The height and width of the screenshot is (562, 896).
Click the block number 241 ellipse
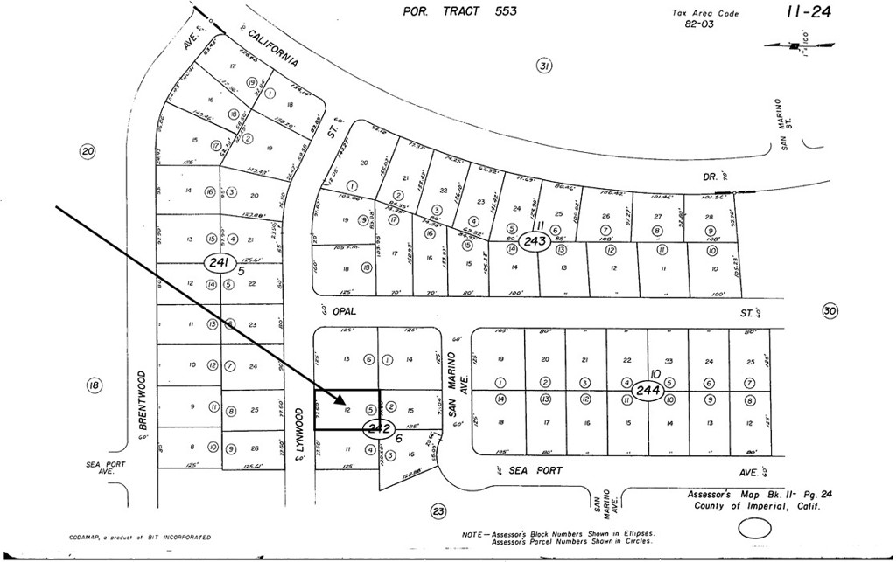[215, 261]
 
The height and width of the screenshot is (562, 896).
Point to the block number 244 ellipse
[648, 389]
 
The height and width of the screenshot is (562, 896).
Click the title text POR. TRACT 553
[459, 11]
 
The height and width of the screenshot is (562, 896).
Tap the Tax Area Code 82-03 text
[705, 18]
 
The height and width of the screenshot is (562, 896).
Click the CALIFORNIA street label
[273, 49]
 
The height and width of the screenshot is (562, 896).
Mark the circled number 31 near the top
[543, 66]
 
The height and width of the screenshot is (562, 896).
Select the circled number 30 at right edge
[830, 310]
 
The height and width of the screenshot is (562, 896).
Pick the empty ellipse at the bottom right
[758, 528]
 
